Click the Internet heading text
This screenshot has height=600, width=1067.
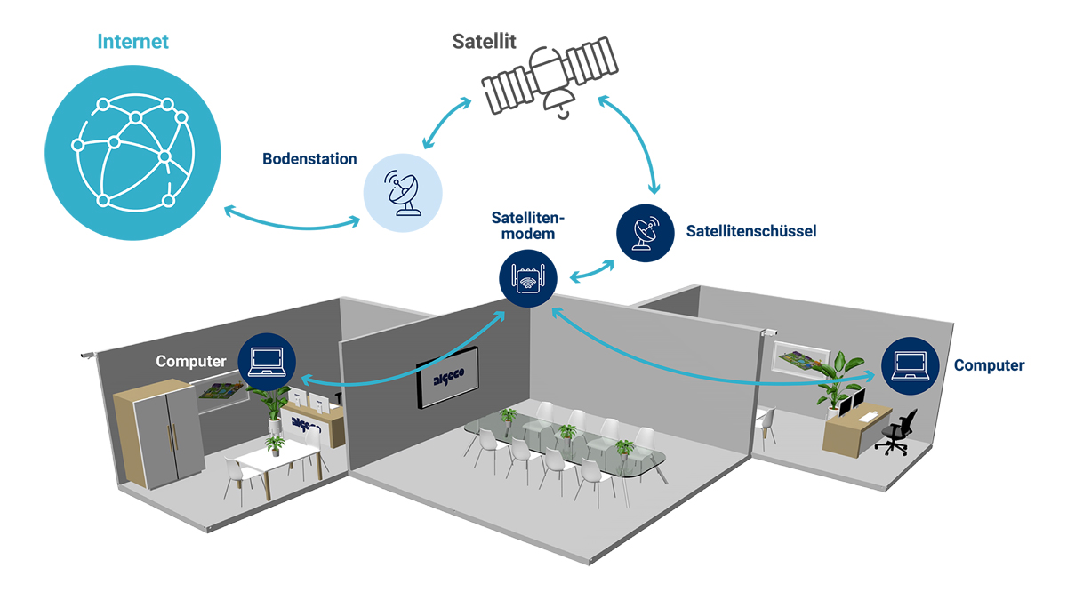132,42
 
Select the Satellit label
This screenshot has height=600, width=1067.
484,42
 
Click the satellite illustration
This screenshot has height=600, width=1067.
546,84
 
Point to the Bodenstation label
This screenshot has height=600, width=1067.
309,160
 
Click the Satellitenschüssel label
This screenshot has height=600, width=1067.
751,231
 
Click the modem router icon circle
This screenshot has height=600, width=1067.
528,276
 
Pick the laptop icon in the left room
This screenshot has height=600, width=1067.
266,361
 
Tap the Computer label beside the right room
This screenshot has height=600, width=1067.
989,365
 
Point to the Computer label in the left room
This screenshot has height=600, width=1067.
191,362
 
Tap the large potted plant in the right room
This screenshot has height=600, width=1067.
837,378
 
